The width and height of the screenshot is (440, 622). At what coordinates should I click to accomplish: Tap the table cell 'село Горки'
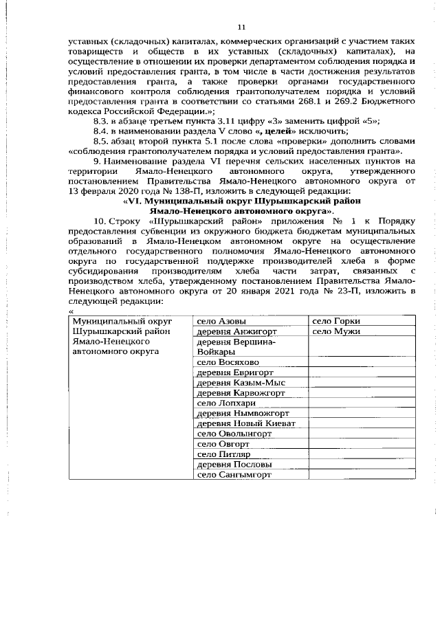(336, 321)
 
